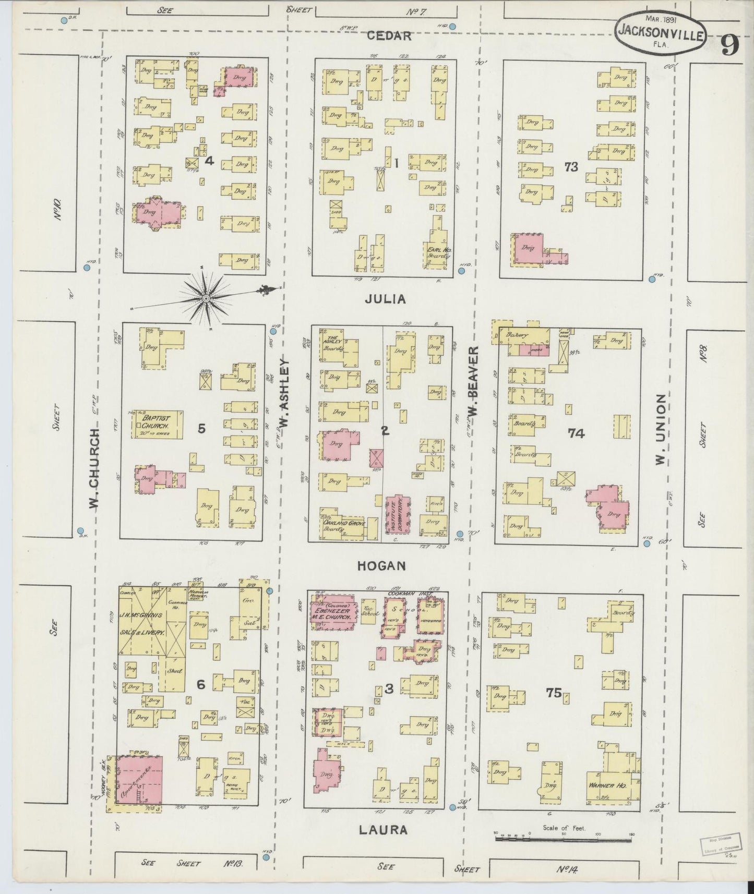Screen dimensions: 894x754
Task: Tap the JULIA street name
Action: pyautogui.click(x=385, y=299)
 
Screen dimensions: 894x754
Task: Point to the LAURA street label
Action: pyautogui.click(x=384, y=829)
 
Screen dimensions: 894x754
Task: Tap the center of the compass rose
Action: pyautogui.click(x=206, y=298)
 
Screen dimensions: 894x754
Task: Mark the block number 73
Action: pyautogui.click(x=571, y=167)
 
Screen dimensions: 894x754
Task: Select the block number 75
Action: pyautogui.click(x=554, y=693)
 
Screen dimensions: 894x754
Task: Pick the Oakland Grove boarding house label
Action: pyautogui.click(x=343, y=524)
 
